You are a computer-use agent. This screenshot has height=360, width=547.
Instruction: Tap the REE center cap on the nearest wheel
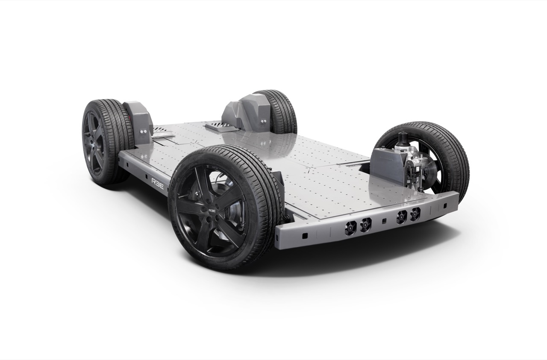coord(212,211)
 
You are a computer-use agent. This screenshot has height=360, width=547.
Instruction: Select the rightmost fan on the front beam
coord(415,214)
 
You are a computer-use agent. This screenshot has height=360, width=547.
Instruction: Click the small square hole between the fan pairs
coord(383,222)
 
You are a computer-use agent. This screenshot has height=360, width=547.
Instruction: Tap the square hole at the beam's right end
coord(445,205)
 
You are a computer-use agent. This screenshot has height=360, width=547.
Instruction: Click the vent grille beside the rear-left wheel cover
coord(159,129)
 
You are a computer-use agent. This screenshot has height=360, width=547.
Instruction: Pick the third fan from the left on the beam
coord(402,217)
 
